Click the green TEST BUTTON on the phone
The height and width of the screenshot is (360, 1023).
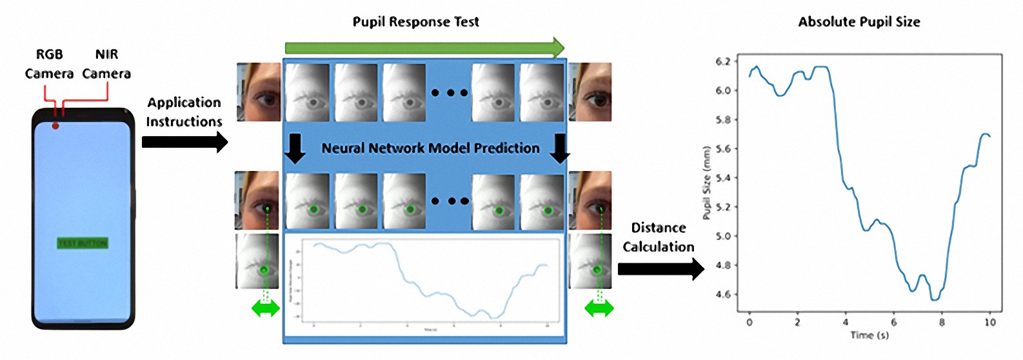83,243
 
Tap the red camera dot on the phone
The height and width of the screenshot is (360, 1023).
55,125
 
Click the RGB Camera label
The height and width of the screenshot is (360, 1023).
49,64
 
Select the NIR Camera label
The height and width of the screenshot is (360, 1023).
106,64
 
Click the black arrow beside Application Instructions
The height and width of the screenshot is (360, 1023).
184,142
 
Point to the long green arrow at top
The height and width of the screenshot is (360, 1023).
424,48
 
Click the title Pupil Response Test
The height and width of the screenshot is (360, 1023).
415,22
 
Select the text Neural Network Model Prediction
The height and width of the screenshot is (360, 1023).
430,148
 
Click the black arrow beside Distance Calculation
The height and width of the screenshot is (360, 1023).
660,269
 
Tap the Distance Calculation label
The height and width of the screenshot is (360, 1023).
659,237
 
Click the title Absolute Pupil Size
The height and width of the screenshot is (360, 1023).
859,22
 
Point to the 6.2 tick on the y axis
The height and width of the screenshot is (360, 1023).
723,62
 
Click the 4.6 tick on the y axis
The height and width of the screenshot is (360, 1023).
723,295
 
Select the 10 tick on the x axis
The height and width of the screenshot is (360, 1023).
990,322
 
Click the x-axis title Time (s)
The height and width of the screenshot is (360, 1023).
869,335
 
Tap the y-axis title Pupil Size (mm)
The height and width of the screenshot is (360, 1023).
707,183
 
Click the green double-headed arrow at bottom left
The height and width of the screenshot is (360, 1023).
265,308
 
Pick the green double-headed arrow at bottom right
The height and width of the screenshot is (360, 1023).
599,308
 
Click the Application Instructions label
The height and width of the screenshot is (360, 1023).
184,112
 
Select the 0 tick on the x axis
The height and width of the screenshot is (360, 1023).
750,322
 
